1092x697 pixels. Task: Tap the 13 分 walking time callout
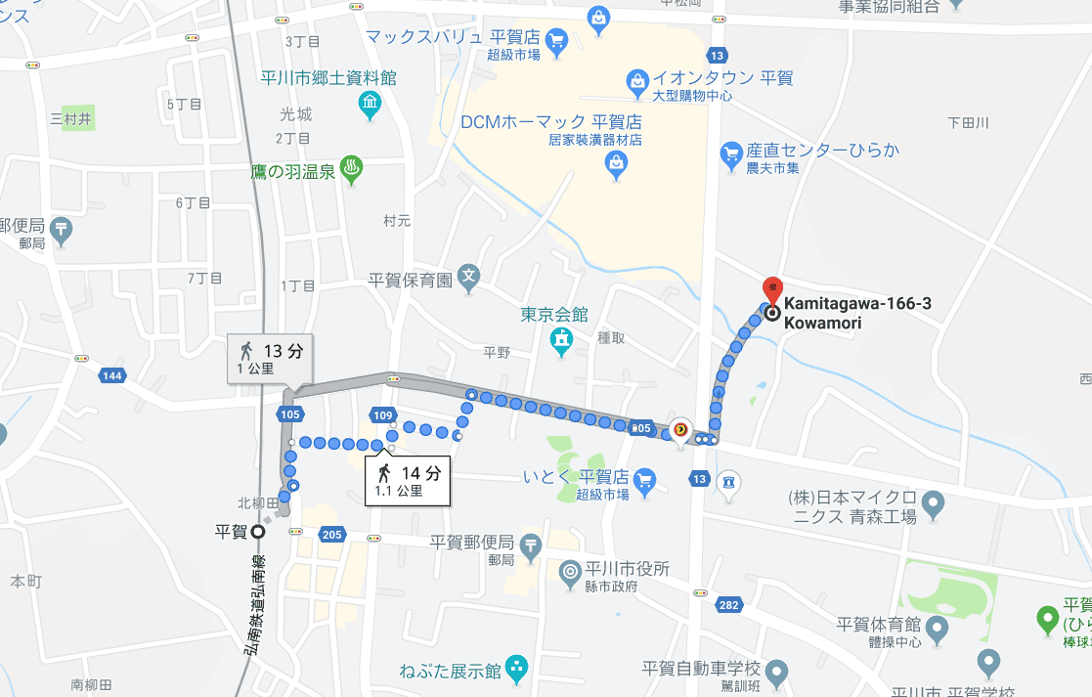point(271,359)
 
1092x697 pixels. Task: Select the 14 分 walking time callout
point(409,480)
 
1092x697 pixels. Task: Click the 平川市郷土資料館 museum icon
point(370,105)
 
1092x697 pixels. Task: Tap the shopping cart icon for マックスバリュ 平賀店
point(556,40)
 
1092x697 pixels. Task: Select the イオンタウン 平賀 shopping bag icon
point(637,78)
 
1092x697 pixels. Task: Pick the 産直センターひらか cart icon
point(730,152)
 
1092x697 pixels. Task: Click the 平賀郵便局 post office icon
point(530,545)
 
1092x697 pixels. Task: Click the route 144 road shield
point(112,376)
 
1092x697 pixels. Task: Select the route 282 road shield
point(727,606)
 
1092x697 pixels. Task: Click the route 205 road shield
point(331,534)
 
